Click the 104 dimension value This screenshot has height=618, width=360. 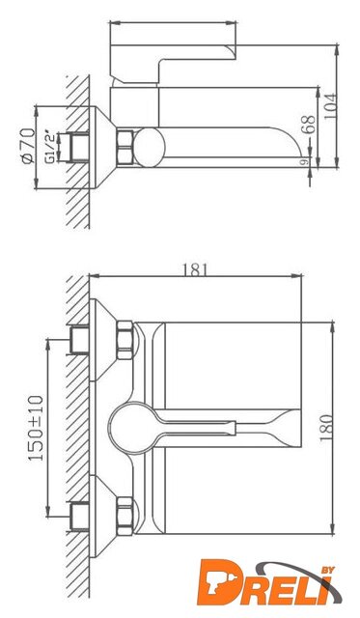(330, 106)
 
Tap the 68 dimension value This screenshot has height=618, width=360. (309, 125)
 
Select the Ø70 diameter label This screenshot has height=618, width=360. (28, 146)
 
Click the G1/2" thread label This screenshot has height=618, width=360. (50, 147)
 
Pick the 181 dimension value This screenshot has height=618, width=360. (195, 269)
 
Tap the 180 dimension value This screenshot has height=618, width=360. (326, 428)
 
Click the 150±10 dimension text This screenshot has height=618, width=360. (36, 428)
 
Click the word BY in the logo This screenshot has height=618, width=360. (328, 570)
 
